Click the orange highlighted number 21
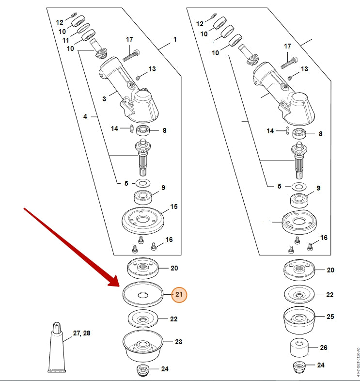point(179,294)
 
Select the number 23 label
point(179,342)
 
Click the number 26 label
point(324,348)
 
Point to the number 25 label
point(330,316)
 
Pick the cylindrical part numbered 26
point(300,349)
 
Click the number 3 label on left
point(104,98)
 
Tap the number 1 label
point(175,39)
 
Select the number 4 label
point(85,116)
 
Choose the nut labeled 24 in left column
point(144,370)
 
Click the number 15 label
point(174,206)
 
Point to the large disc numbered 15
point(142,220)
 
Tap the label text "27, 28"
point(81,333)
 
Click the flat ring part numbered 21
point(142,294)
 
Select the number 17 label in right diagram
point(287,46)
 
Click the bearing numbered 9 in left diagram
point(143,196)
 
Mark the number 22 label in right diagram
point(330,295)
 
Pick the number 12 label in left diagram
point(60,22)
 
